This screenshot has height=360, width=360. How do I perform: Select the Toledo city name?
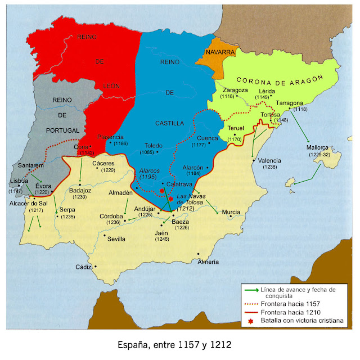[154, 144]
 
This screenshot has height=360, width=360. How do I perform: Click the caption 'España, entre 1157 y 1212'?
[175, 344]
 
